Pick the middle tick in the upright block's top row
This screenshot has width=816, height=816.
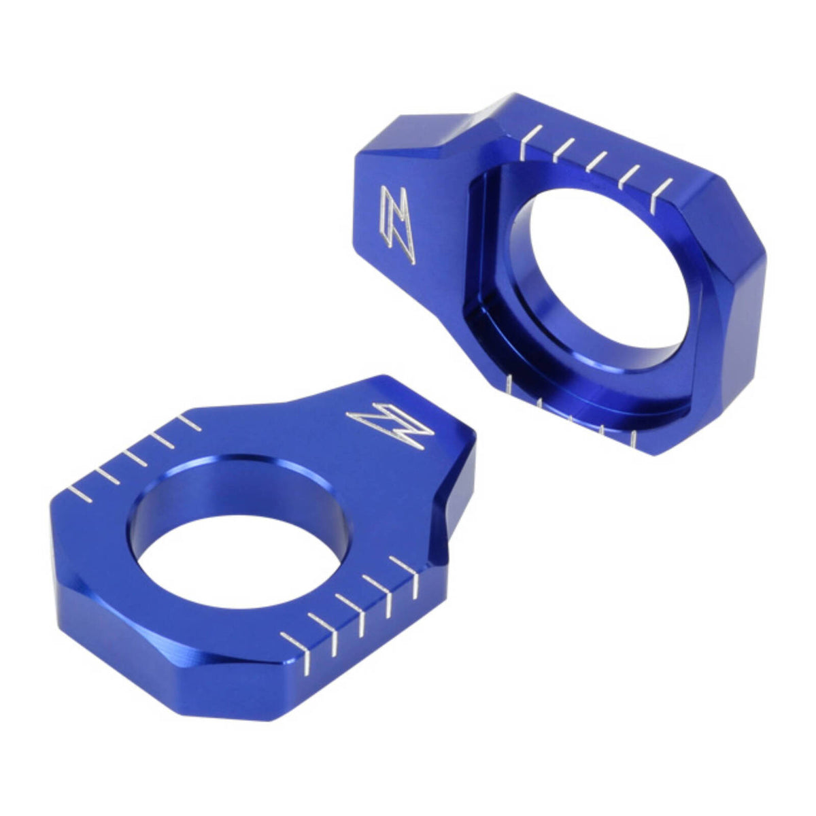click(x=596, y=161)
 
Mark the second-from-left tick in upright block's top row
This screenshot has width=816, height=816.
click(x=564, y=149)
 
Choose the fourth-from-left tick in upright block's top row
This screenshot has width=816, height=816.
click(x=629, y=175)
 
